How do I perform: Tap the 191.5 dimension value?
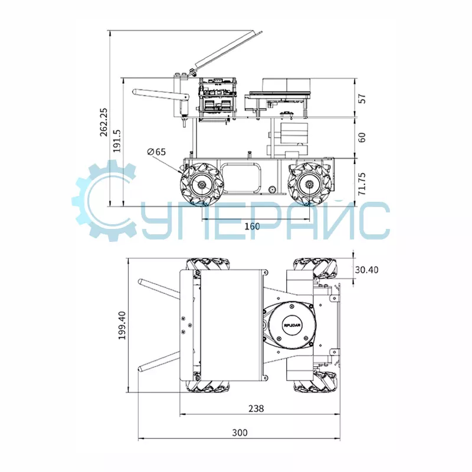[x=117, y=140]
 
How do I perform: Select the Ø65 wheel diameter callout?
[x=156, y=152]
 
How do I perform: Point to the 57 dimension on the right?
[x=363, y=99]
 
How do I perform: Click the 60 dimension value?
[x=363, y=137]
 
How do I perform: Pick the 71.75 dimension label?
[x=362, y=183]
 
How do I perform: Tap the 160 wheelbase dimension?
[x=252, y=226]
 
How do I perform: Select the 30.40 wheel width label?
[x=366, y=270]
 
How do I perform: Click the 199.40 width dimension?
[x=122, y=326]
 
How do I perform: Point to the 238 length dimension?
[x=256, y=408]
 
